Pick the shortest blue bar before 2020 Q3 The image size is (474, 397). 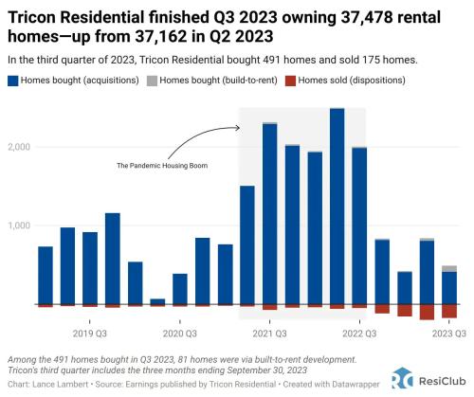point(157,301)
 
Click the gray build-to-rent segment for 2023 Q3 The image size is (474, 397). point(449,269)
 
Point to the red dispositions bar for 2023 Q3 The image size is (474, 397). point(449,312)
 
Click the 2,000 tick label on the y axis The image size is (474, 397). point(20,148)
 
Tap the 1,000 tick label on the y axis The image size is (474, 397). point(20,226)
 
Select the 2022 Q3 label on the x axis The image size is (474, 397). point(359,334)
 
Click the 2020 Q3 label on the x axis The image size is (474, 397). point(179,334)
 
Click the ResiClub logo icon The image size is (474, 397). point(401,378)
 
